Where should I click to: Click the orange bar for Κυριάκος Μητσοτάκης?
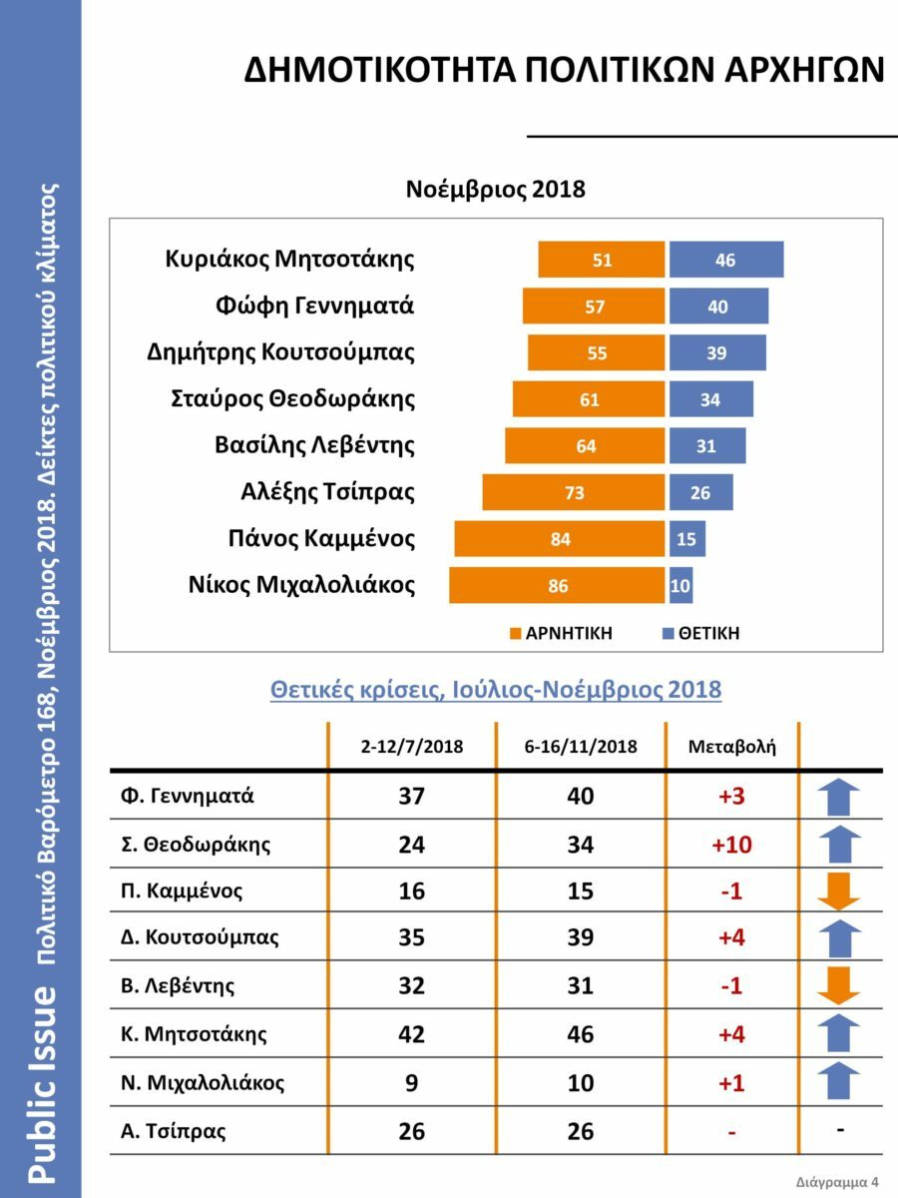pyautogui.click(x=602, y=260)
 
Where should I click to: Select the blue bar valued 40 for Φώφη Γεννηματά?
pyautogui.click(x=718, y=306)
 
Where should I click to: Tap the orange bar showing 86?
pyautogui.click(x=557, y=586)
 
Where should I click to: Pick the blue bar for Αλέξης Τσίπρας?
pyautogui.click(x=700, y=492)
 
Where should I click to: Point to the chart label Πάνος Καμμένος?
pyautogui.click(x=321, y=539)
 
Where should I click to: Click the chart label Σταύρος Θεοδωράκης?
pyautogui.click(x=293, y=399)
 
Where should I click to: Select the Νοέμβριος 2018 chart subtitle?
pyautogui.click(x=495, y=190)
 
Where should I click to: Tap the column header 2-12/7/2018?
pyautogui.click(x=412, y=746)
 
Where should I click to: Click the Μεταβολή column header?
pyautogui.click(x=731, y=746)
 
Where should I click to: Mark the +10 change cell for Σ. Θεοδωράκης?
pyautogui.click(x=731, y=845)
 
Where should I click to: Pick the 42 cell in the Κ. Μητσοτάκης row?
pyautogui.click(x=411, y=1034)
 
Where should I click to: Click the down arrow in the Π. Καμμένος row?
pyautogui.click(x=839, y=892)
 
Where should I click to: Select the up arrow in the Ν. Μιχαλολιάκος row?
pyautogui.click(x=839, y=1082)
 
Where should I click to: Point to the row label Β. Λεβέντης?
pyautogui.click(x=175, y=986)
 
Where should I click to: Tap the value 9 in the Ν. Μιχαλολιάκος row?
pyautogui.click(x=411, y=1082)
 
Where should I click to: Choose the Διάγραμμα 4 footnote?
pyautogui.click(x=838, y=1181)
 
